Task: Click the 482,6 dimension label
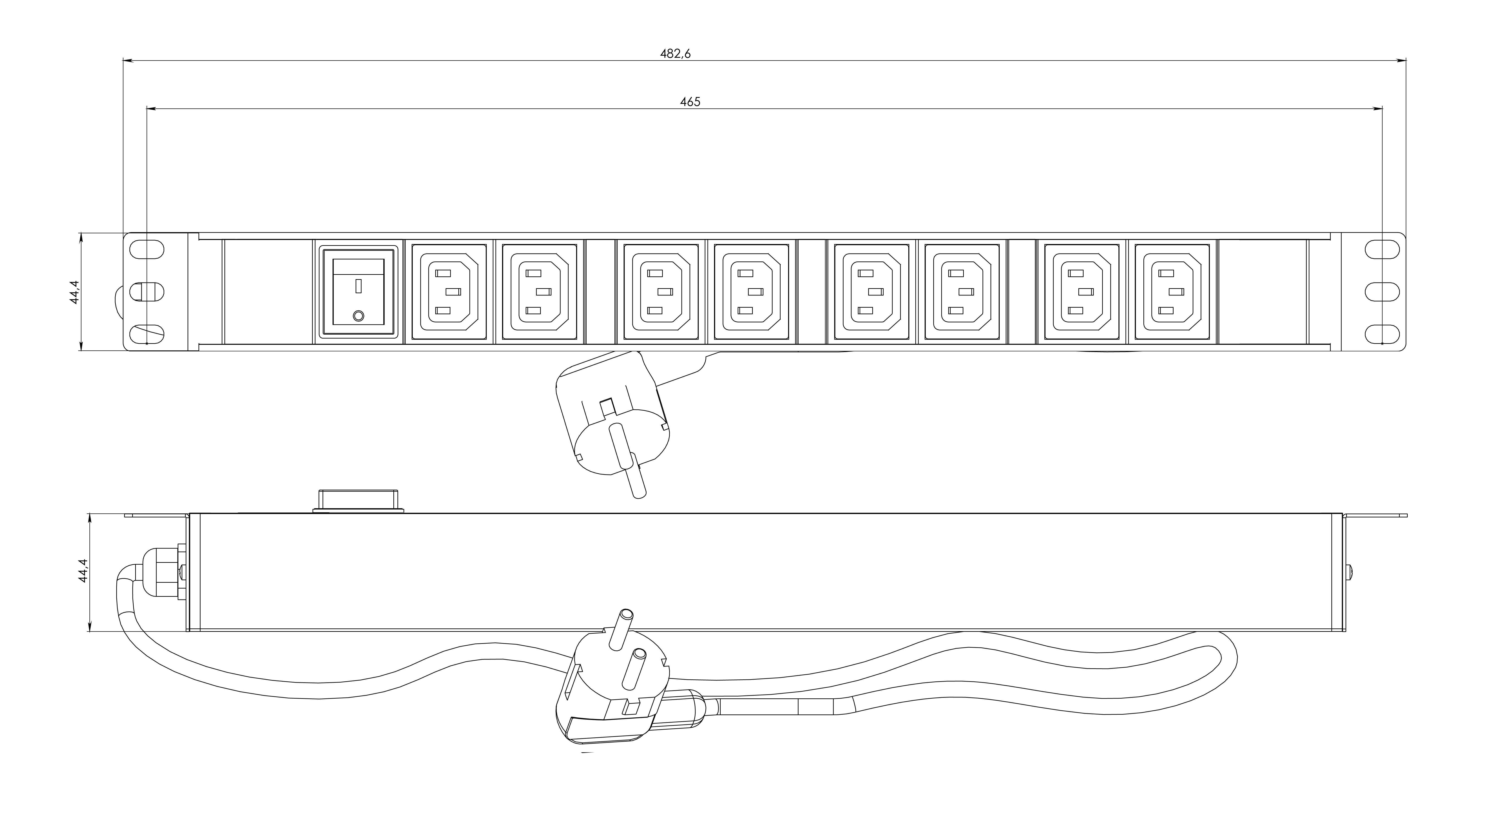click(675, 54)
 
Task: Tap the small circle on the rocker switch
click(358, 316)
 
